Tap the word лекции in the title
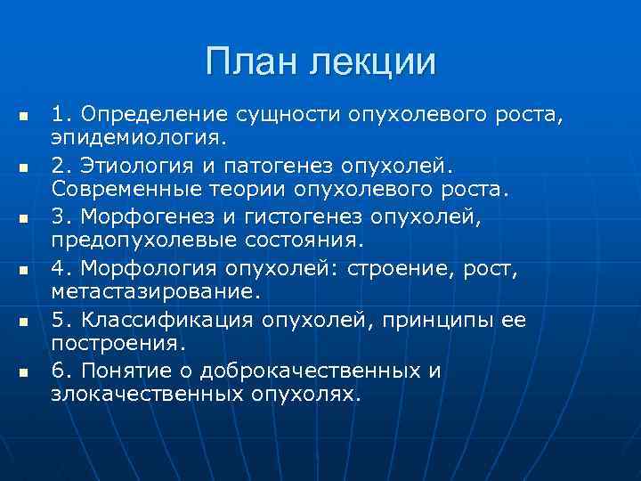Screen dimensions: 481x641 [374, 62]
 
